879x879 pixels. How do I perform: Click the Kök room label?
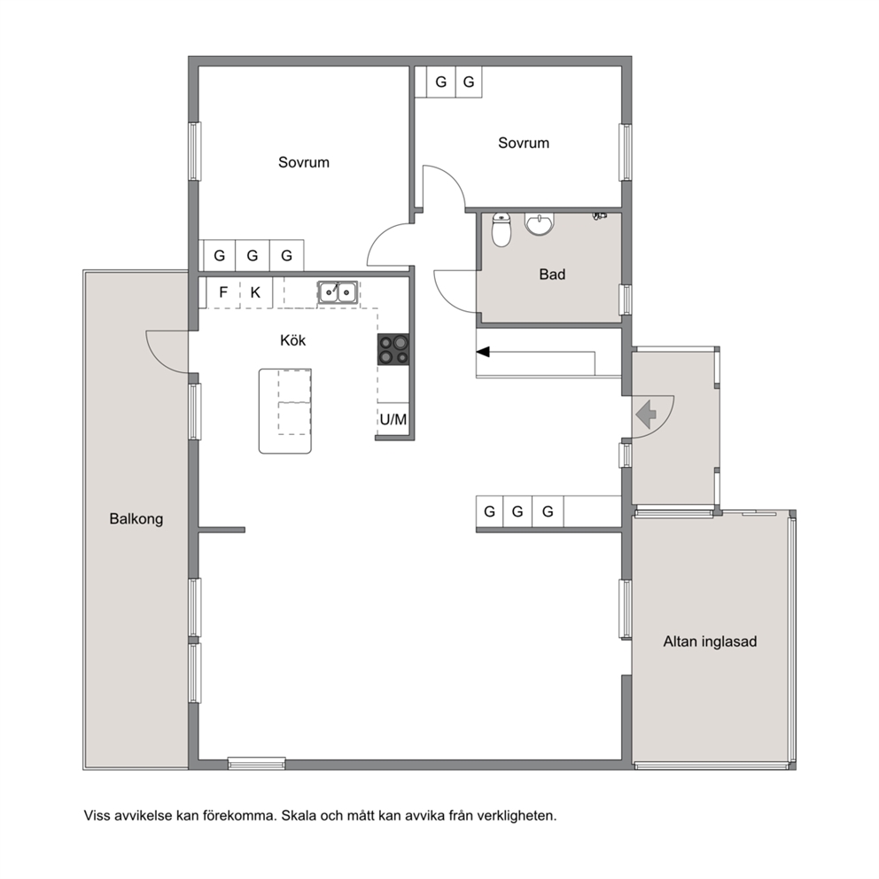tap(292, 340)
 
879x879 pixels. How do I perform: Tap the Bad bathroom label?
tap(552, 274)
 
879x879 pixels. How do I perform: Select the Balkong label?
tap(136, 518)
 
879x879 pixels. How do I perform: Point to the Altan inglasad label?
tap(710, 642)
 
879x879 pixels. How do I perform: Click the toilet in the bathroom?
tap(502, 229)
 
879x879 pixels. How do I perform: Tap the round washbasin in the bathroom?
tap(540, 223)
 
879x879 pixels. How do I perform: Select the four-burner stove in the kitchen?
tap(393, 349)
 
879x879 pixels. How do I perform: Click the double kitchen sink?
tap(338, 292)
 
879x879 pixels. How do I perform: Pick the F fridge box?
tap(223, 292)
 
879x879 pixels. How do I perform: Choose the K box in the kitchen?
tap(255, 292)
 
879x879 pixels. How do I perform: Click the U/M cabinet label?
tap(393, 419)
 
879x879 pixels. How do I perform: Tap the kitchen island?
tap(284, 411)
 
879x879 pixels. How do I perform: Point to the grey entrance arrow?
tap(646, 415)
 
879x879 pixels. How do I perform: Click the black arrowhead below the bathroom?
tap(483, 352)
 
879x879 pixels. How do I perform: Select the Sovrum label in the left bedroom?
tap(303, 162)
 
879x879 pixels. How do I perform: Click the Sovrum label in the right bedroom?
tap(524, 143)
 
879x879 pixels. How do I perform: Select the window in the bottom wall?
tap(256, 764)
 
